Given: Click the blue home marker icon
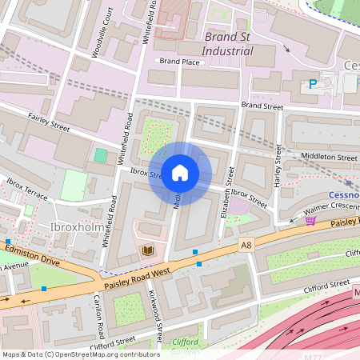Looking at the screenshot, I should tap(180, 173).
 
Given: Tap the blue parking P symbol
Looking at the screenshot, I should tap(313, 83).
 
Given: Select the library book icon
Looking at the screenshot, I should tap(147, 250).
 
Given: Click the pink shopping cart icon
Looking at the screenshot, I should tap(310, 221).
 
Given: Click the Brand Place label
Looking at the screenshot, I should tap(179, 61).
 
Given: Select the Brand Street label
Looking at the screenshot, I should tap(264, 105).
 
